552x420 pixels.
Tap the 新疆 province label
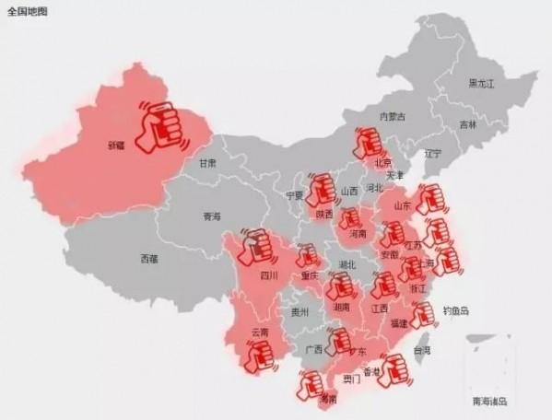tap(115, 146)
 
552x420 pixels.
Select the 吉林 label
tap(468, 124)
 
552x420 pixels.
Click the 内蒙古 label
tap(393, 116)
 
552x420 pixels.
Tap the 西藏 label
tap(149, 259)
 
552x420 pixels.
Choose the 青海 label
tap(212, 217)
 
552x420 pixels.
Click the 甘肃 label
tap(207, 163)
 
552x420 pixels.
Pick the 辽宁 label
tap(433, 153)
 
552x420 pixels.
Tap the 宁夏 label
tap(294, 196)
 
